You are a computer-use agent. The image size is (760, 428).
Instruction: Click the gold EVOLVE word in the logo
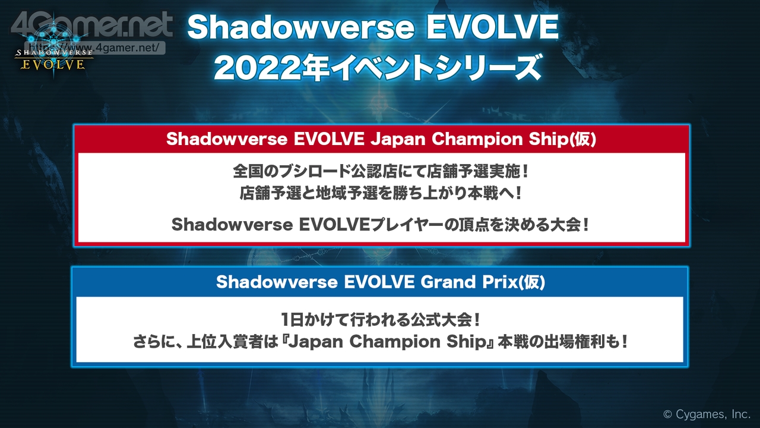tap(53, 65)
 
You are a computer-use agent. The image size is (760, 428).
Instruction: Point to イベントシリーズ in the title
tap(436, 68)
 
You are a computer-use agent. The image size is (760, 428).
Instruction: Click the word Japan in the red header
tap(398, 139)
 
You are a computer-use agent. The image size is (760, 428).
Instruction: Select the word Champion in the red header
tap(477, 139)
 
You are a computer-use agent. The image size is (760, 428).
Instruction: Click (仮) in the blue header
tap(531, 282)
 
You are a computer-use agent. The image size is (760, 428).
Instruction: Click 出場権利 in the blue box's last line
tap(575, 342)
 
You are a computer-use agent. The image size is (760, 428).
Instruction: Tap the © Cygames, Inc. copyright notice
tap(707, 414)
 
